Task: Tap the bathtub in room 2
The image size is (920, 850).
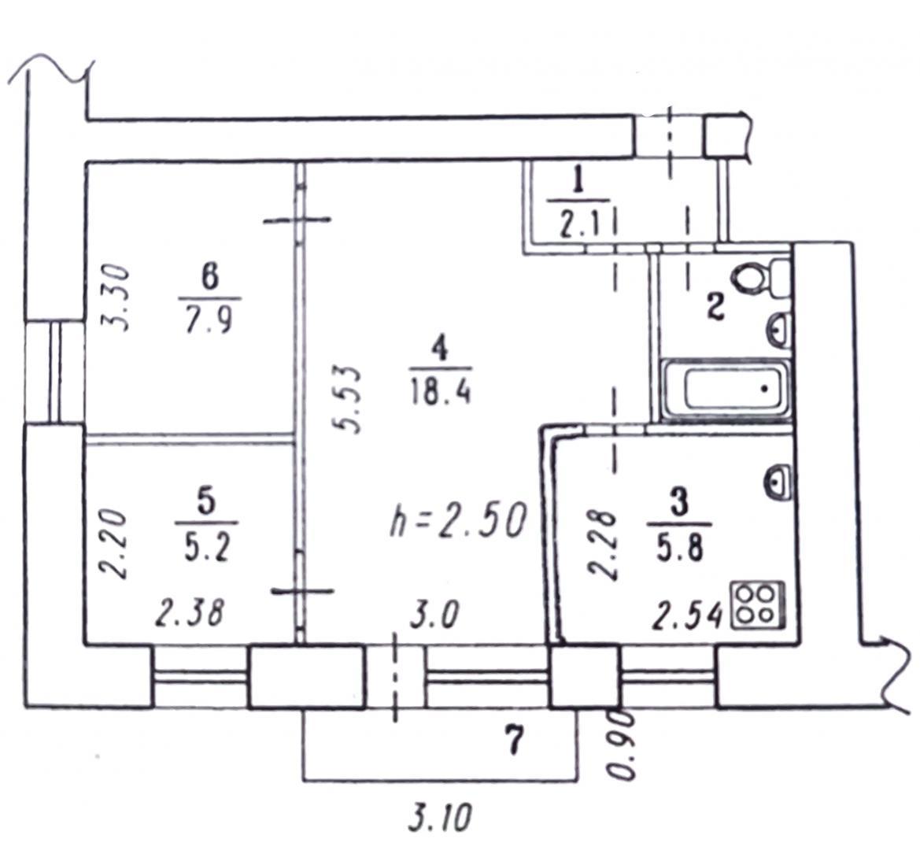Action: point(725,390)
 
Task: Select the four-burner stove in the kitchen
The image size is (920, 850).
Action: point(757,604)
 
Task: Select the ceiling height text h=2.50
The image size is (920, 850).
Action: point(458,519)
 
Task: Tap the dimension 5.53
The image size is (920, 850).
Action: point(347,399)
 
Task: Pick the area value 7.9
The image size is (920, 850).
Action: point(209,320)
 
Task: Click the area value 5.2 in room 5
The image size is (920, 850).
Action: point(206,548)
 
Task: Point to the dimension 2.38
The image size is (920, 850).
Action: point(190,614)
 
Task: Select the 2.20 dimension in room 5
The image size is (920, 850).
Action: point(113,543)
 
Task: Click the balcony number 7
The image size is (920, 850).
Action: point(513,741)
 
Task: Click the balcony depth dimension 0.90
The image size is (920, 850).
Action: point(622,745)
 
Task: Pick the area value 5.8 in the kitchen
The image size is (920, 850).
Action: point(680,549)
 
